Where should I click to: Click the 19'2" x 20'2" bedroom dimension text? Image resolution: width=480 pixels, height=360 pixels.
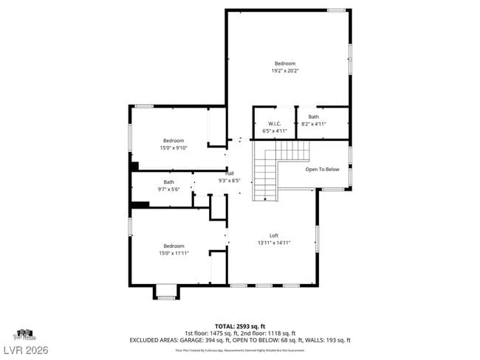pyautogui.click(x=284, y=72)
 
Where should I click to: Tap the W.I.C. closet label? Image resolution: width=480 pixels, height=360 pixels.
pyautogui.click(x=274, y=124)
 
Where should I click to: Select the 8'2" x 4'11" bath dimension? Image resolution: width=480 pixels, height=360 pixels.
pyautogui.click(x=314, y=124)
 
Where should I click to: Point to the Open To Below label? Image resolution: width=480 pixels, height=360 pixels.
pyautogui.click(x=322, y=169)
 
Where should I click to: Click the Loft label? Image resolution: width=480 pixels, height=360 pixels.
pyautogui.click(x=273, y=235)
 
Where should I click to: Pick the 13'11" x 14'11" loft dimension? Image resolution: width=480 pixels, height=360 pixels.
pyautogui.click(x=273, y=243)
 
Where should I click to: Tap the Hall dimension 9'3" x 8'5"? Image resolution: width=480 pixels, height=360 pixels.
pyautogui.click(x=230, y=179)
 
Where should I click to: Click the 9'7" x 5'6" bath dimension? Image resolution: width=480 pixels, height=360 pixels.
pyautogui.click(x=169, y=189)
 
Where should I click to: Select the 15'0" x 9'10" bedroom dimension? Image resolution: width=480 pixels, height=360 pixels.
pyautogui.click(x=174, y=148)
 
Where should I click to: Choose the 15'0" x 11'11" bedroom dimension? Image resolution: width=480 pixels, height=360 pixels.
pyautogui.click(x=174, y=253)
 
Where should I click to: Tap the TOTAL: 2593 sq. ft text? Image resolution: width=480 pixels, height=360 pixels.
pyautogui.click(x=240, y=325)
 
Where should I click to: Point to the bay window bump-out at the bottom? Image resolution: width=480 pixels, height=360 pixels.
pyautogui.click(x=166, y=293)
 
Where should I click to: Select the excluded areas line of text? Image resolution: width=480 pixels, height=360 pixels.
pyautogui.click(x=240, y=340)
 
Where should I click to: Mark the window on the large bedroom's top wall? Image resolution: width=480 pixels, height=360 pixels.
pyautogui.click(x=336, y=10)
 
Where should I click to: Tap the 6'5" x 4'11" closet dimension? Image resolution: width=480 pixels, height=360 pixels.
pyautogui.click(x=274, y=131)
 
